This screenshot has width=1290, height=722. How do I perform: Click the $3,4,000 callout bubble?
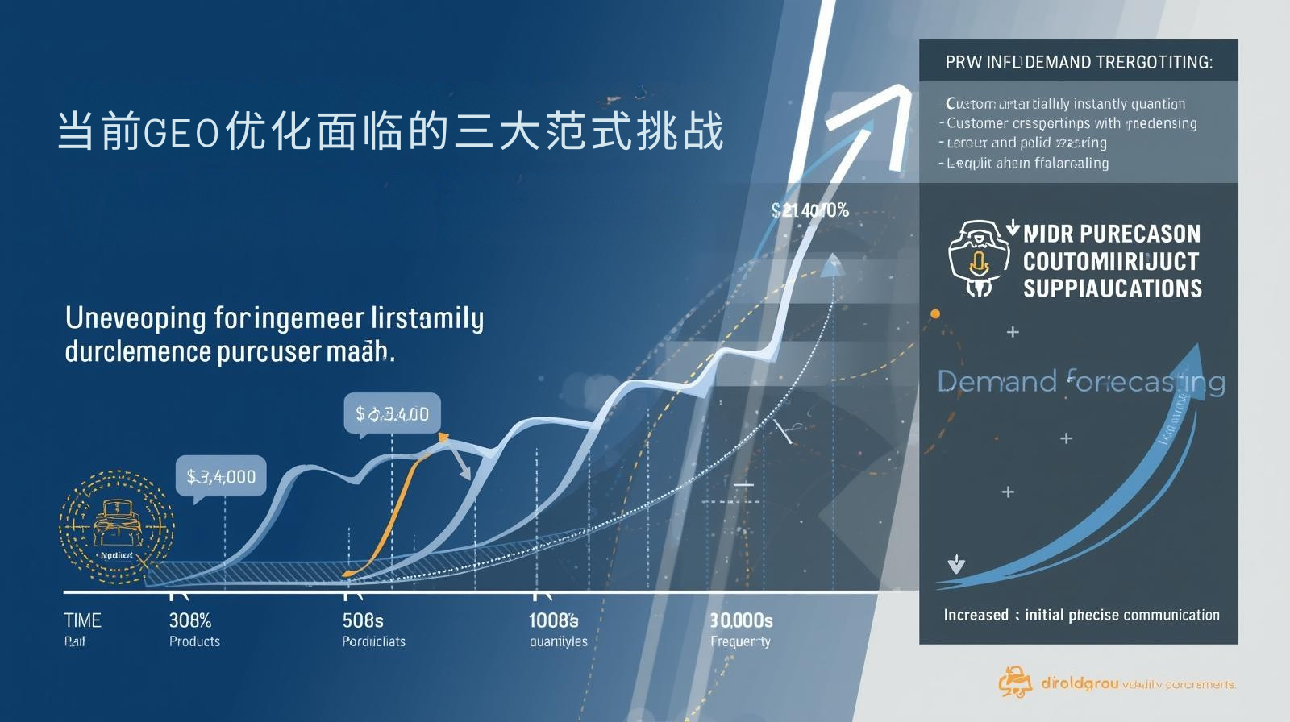[x=221, y=476]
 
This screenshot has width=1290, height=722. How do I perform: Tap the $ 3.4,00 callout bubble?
[x=392, y=414]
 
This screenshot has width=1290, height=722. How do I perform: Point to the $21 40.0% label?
[x=809, y=210]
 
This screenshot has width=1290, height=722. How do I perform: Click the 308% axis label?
[x=190, y=620]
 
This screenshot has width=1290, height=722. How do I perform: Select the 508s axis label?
[x=363, y=620]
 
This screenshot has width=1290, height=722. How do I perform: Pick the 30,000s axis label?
[x=741, y=620]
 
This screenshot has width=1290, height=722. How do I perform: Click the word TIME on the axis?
[x=82, y=620]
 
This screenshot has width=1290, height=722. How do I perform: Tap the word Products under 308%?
[x=194, y=641]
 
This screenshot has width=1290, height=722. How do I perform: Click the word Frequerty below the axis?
[x=740, y=641]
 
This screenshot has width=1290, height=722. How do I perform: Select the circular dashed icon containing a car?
[x=117, y=528]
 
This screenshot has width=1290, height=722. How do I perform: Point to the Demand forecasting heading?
[x=1080, y=381]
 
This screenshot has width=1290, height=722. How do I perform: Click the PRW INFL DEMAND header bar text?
[x=1079, y=62]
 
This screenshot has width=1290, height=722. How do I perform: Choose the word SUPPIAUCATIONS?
[x=1112, y=288]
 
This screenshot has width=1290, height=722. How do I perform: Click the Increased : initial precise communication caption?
[x=1081, y=615]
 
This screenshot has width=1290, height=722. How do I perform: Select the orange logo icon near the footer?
[x=1015, y=683]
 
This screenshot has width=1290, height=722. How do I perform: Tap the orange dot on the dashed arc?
[x=935, y=313]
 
